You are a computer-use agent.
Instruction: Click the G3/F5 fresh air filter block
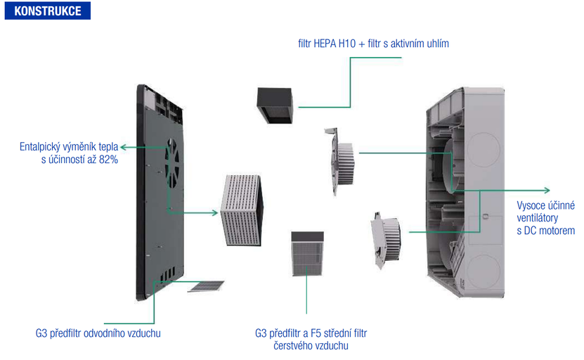(x=306, y=255)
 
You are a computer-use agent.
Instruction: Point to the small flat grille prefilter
(x=206, y=286)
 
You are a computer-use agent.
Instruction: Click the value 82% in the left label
(x=108, y=161)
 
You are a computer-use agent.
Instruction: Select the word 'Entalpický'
(x=41, y=148)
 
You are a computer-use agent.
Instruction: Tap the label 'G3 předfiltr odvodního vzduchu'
(x=98, y=333)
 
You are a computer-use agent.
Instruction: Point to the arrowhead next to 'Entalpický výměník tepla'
(x=123, y=148)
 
